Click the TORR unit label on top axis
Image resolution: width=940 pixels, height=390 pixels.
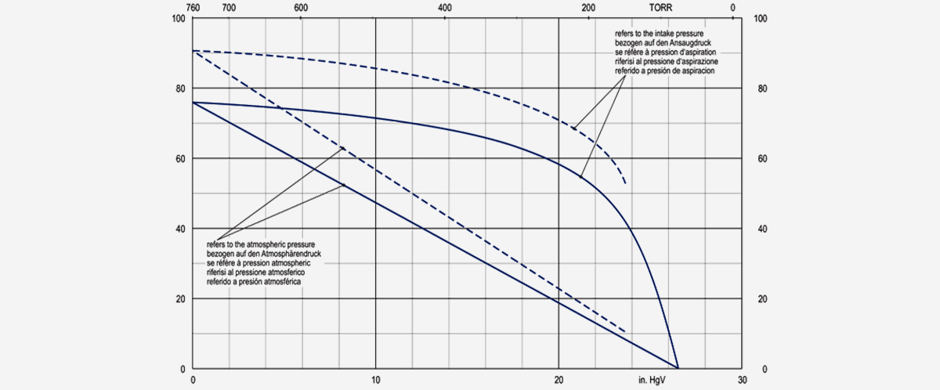pyautogui.click(x=660, y=8)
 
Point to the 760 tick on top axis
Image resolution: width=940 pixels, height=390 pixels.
pyautogui.click(x=193, y=8)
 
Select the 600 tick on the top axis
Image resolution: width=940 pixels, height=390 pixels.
pyautogui.click(x=301, y=8)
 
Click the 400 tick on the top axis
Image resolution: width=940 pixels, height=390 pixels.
pyautogui.click(x=445, y=8)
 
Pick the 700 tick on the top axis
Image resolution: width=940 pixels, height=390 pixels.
pyautogui.click(x=229, y=8)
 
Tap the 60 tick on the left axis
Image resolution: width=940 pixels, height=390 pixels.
pyautogui.click(x=181, y=159)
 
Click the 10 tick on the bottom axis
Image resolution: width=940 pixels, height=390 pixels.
pyautogui.click(x=376, y=380)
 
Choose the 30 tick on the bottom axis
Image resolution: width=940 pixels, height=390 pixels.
pyautogui.click(x=741, y=380)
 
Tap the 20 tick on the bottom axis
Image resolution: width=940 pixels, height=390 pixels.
pyautogui.click(x=559, y=380)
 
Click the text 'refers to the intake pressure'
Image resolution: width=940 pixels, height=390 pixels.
pyautogui.click(x=666, y=34)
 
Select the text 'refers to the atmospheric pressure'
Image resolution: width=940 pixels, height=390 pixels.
pyautogui.click(x=259, y=244)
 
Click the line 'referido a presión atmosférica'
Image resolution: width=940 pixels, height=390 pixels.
pyautogui.click(x=255, y=281)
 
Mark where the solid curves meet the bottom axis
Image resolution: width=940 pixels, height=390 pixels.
pyautogui.click(x=678, y=368)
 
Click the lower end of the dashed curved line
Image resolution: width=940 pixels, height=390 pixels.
pyautogui.click(x=626, y=183)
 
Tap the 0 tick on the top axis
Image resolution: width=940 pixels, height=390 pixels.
pyautogui.click(x=733, y=8)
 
